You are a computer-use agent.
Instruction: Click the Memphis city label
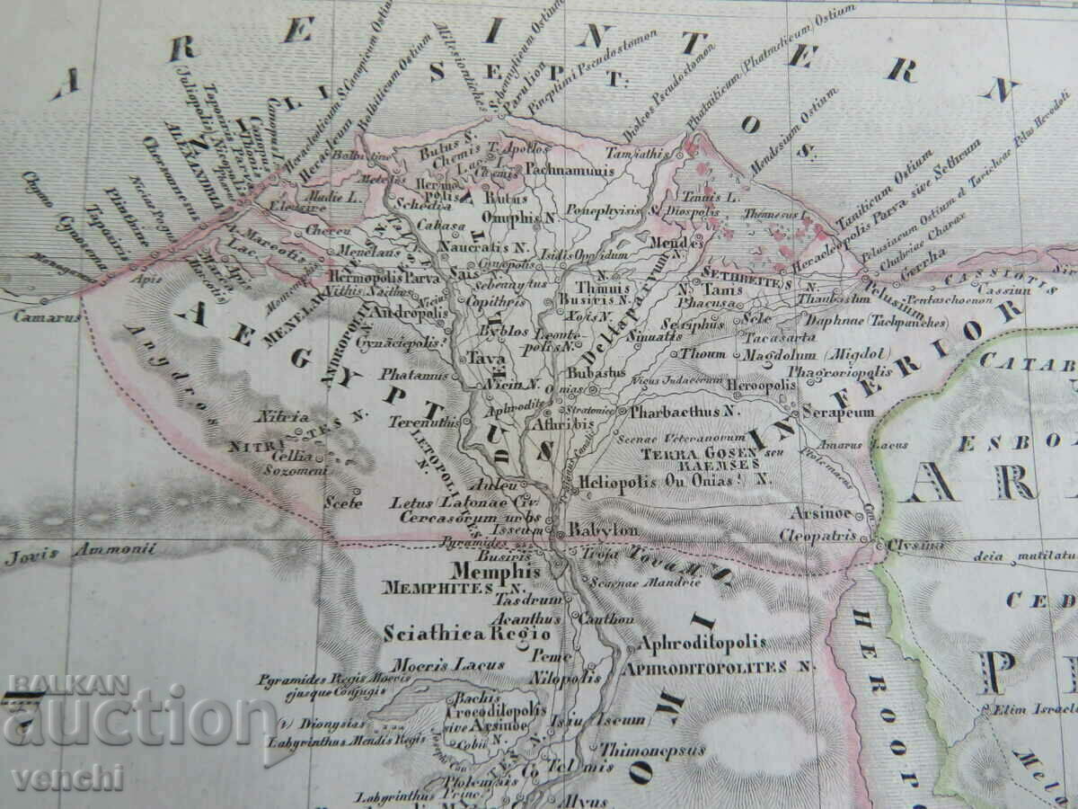(x=496, y=571)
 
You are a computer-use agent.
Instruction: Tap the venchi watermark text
(x=67, y=777)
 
